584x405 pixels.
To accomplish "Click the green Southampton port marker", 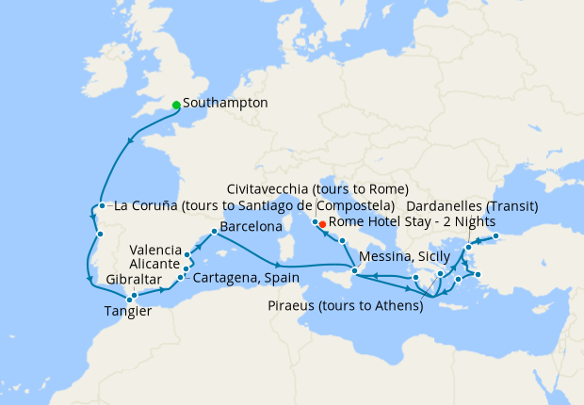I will coord(176,105).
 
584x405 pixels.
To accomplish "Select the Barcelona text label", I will coord(251,227).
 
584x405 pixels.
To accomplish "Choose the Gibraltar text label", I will coord(134,280).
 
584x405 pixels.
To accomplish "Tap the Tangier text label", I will coord(128,311).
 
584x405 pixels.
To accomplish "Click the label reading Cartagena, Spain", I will coord(246,278).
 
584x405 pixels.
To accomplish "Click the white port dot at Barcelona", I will coord(215,232).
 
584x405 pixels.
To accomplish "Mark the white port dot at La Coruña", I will coord(101,206).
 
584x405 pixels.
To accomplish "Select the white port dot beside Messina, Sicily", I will coord(353,271).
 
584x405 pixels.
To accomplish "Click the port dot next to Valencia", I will coord(188,253).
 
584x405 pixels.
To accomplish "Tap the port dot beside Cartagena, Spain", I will coord(181,278).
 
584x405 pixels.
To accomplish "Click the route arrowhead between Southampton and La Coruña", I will coord(128,143).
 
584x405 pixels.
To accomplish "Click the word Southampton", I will coord(226,103).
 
